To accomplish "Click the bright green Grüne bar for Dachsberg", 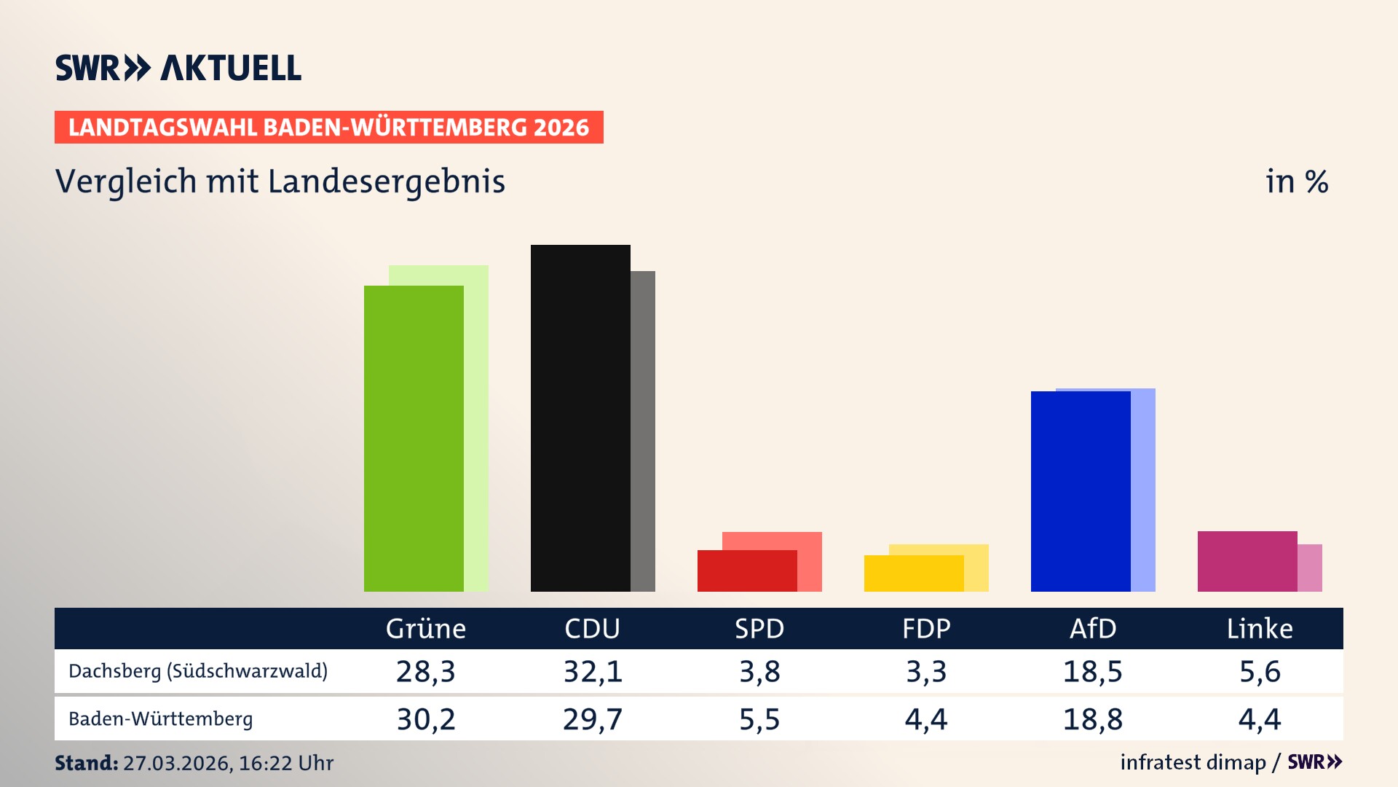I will click(x=414, y=438).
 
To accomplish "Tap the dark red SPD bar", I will click(x=747, y=571).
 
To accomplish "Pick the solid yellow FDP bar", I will click(x=914, y=573).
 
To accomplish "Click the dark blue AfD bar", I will click(x=1081, y=491).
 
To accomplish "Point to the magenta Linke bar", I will click(x=1247, y=561).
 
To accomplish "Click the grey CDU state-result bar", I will click(x=643, y=431).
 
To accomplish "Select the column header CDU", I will click(x=592, y=628).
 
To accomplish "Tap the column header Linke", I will click(x=1259, y=628).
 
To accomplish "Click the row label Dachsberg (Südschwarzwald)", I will click(x=198, y=671).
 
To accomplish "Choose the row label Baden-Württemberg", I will click(x=160, y=719).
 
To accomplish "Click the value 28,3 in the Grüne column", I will click(x=425, y=671).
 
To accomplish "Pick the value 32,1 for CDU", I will click(x=593, y=671).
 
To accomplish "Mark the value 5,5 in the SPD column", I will click(x=759, y=719).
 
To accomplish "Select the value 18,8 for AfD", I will click(x=1092, y=719).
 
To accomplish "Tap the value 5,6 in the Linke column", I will click(x=1259, y=671).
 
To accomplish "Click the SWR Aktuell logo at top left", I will click(x=178, y=68).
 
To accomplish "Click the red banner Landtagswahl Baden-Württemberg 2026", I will click(x=328, y=128).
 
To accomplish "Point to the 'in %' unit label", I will click(x=1296, y=181).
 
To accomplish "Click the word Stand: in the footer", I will click(x=86, y=763).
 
